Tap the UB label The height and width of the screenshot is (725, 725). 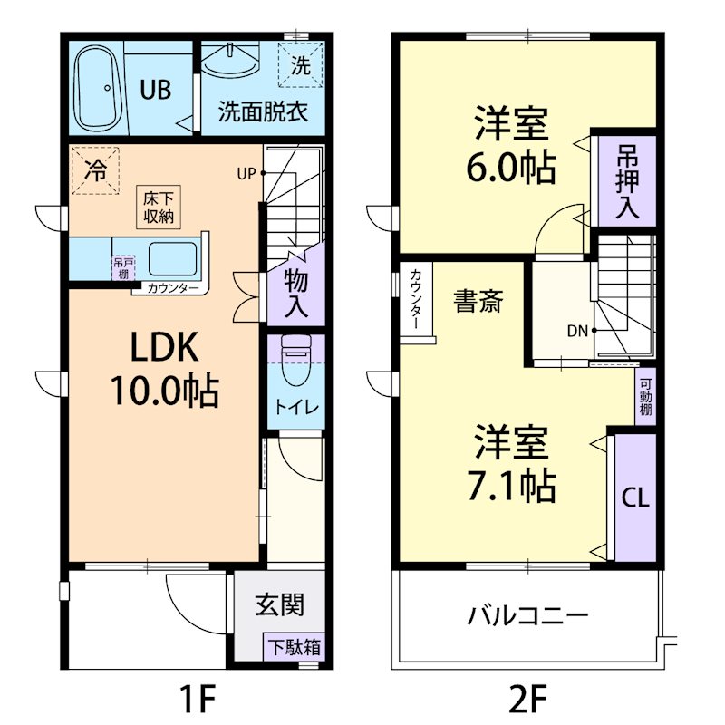[x=156, y=89]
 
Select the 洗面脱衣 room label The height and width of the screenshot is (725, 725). [x=263, y=112]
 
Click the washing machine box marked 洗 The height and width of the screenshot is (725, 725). [x=298, y=65]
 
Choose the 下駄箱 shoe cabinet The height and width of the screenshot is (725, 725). [x=293, y=647]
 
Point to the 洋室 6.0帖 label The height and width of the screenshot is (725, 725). [x=512, y=145]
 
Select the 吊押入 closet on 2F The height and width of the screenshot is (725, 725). [x=626, y=181]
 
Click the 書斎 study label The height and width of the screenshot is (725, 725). [x=478, y=302]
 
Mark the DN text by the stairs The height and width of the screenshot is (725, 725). [x=578, y=331]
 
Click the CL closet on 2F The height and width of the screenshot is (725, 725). [x=634, y=498]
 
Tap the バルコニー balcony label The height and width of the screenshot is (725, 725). [x=527, y=617]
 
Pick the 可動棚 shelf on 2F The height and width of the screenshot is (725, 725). [x=645, y=396]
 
